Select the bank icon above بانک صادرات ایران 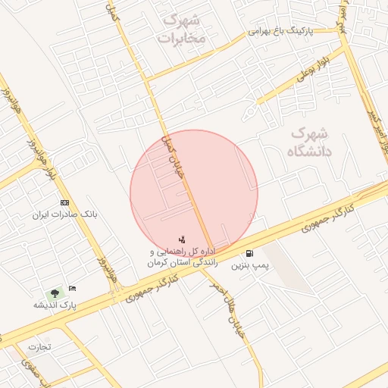[x=64, y=203]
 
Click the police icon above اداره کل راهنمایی [x=181, y=239]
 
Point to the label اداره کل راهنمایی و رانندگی [x=183, y=256]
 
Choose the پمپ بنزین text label [x=249, y=266]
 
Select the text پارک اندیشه [x=55, y=305]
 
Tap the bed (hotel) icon [x=72, y=289]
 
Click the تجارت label [x=39, y=347]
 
